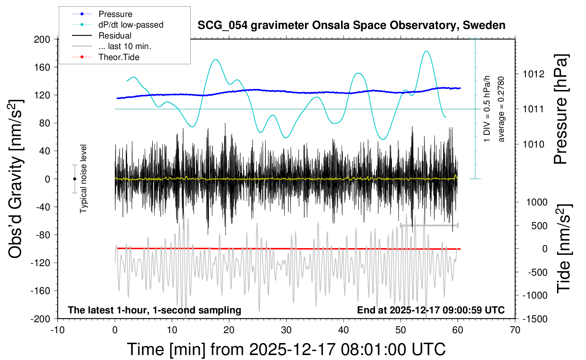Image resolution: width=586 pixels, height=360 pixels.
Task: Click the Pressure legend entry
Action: pyautogui.click(x=115, y=14)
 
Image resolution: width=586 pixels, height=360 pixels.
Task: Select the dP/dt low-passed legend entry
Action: pyautogui.click(x=131, y=25)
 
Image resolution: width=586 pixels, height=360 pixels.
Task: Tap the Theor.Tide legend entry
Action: pyautogui.click(x=119, y=57)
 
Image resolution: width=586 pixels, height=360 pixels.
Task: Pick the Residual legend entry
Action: pyautogui.click(x=115, y=36)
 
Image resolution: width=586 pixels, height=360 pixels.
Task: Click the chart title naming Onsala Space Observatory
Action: pyautogui.click(x=351, y=25)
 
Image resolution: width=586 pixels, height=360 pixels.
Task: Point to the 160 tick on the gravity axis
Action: pyautogui.click(x=42, y=67)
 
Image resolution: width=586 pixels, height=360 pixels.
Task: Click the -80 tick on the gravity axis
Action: pyautogui.click(x=43, y=235)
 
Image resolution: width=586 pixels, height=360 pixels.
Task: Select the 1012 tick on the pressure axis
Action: pyautogui.click(x=533, y=74)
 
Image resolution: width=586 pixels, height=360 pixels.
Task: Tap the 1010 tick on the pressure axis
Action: pyautogui.click(x=533, y=144)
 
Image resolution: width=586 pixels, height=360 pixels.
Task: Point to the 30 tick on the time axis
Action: pyautogui.click(x=286, y=330)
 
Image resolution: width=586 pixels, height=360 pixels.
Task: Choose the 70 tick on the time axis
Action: pyautogui.click(x=515, y=330)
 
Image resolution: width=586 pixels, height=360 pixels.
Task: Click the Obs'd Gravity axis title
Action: pyautogui.click(x=16, y=179)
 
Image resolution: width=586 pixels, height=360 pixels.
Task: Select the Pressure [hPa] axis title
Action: pyautogui.click(x=561, y=109)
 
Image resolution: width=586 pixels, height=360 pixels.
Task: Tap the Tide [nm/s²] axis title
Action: pyautogui.click(x=564, y=249)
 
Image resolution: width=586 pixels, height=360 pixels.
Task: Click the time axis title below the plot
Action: pyautogui.click(x=286, y=349)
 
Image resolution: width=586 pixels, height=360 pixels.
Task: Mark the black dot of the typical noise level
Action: pyautogui.click(x=74, y=179)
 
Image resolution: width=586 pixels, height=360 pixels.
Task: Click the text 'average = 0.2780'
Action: pyautogui.click(x=501, y=109)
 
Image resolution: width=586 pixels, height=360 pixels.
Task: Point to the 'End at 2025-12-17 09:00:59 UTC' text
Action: pyautogui.click(x=431, y=310)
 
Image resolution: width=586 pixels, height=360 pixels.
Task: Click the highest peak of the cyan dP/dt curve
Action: pyautogui.click(x=426, y=51)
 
